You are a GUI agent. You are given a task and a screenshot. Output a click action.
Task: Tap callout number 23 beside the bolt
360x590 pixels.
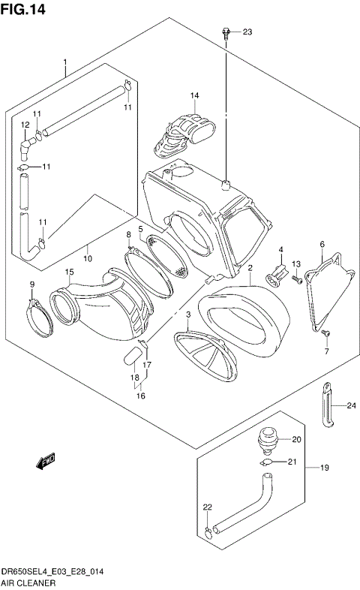pos(247,32)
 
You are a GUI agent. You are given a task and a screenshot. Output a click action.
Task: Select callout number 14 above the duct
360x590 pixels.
pos(194,95)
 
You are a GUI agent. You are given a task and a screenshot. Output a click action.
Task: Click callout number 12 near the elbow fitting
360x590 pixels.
pos(25,125)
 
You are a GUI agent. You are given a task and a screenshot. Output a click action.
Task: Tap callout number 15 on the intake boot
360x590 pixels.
pos(69,272)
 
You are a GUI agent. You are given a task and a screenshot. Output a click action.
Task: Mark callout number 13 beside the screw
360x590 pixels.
pos(295,263)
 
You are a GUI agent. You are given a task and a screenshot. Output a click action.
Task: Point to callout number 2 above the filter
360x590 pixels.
pos(250,268)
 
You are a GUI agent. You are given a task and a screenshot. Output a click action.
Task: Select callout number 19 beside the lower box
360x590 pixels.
pos(325,468)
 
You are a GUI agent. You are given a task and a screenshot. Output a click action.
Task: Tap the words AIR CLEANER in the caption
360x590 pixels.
pos(27,582)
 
